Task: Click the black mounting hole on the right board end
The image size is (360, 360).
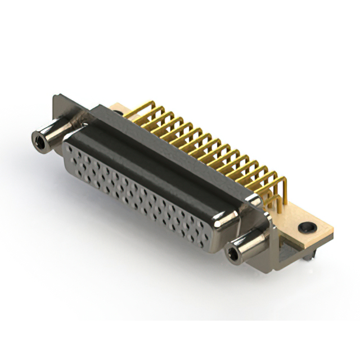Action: pos(307,228)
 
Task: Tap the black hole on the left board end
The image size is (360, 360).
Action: pos(119,112)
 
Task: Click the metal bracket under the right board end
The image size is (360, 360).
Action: pos(287,247)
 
